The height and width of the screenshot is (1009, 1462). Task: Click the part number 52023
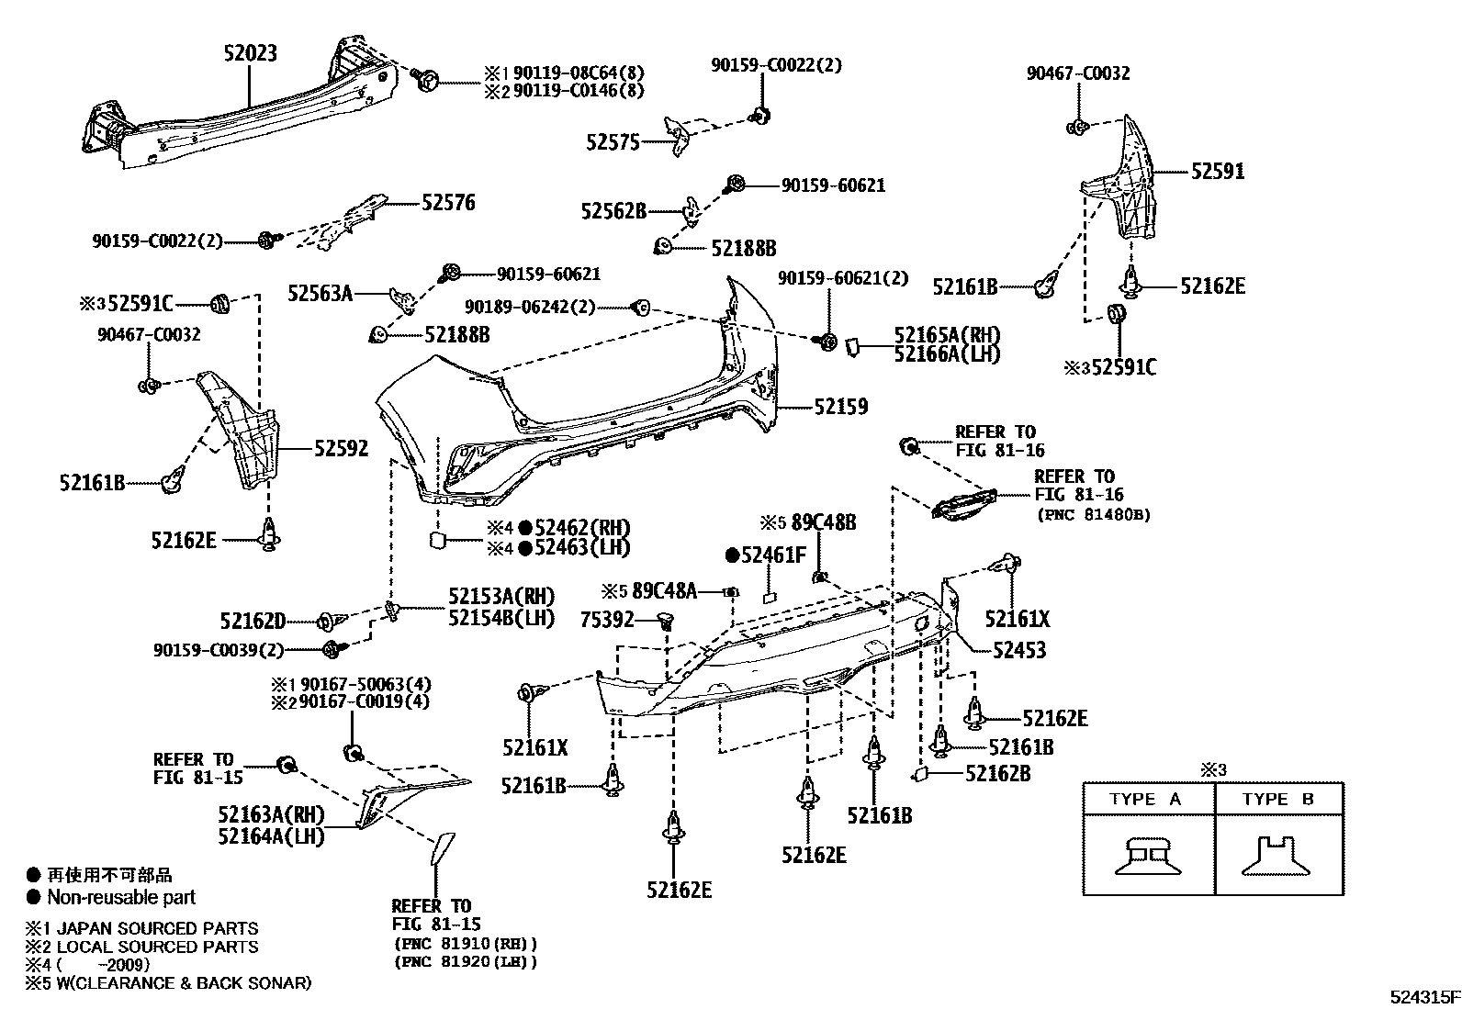point(250,53)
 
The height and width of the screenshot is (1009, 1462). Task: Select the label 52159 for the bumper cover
point(840,406)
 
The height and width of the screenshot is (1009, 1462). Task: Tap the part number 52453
point(1018,650)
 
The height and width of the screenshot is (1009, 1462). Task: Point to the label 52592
point(341,448)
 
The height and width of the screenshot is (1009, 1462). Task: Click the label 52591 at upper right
point(1218,171)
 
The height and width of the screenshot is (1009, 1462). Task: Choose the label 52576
point(448,202)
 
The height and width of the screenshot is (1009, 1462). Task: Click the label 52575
point(613,142)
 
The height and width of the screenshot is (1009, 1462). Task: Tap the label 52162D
point(253,622)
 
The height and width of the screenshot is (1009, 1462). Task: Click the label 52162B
point(997,774)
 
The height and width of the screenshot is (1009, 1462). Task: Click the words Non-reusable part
point(121,897)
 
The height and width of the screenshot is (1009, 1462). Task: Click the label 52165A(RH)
point(947,335)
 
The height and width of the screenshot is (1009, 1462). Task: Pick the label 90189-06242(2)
point(530,307)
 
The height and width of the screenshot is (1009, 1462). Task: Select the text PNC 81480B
point(1093,515)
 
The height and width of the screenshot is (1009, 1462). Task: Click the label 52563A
point(320,293)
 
